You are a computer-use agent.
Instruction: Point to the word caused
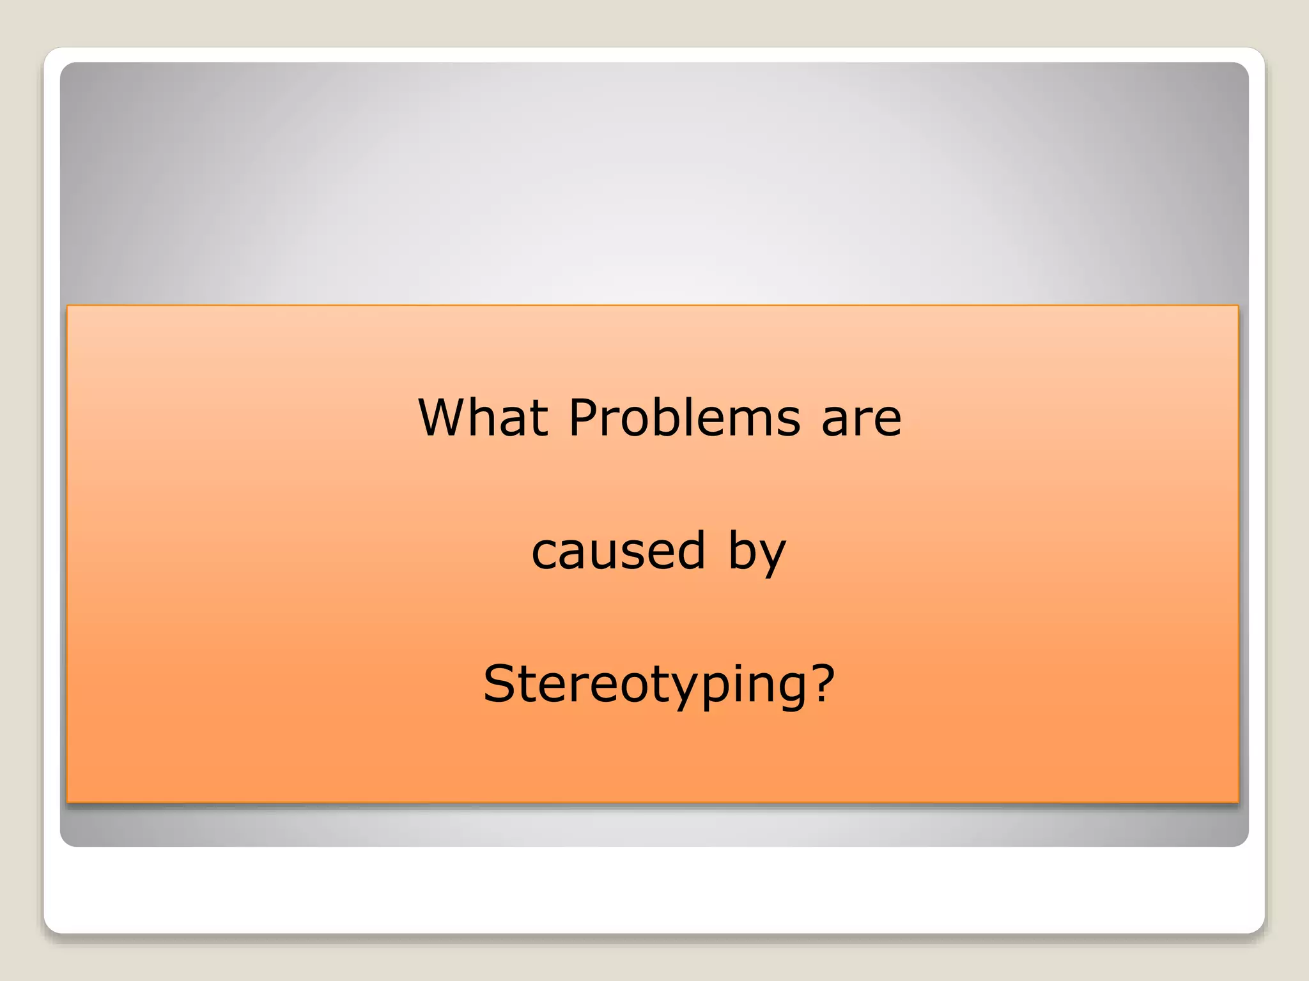[618, 551]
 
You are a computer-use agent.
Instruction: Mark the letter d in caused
[691, 549]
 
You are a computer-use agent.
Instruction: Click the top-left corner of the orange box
[68, 307]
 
